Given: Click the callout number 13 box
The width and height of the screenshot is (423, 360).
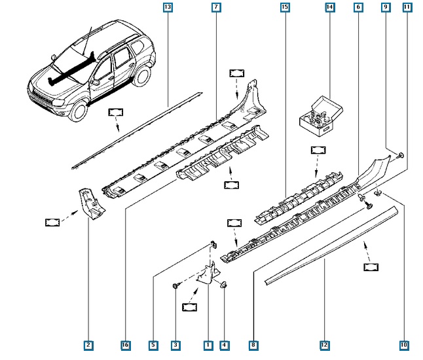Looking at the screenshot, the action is click(168, 7).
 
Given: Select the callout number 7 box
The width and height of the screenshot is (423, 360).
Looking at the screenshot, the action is click(216, 7).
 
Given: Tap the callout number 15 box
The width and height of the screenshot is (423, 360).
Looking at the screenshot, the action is click(285, 7).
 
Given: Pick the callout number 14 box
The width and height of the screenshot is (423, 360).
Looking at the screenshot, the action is click(329, 7).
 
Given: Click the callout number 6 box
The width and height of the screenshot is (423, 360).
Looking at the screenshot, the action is click(358, 7).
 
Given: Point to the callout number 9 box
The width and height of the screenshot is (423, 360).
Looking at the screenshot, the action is click(386, 7).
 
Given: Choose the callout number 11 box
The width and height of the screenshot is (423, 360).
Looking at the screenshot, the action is click(407, 7).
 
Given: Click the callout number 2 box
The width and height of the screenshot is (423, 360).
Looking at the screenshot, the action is click(88, 345).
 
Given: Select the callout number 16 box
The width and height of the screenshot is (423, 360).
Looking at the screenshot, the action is click(126, 345).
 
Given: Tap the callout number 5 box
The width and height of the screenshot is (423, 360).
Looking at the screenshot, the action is click(153, 345).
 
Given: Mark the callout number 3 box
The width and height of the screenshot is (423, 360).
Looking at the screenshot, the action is click(175, 345).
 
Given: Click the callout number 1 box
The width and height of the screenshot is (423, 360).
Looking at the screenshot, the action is click(208, 345).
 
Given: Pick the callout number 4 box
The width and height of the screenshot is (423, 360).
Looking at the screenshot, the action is click(225, 345).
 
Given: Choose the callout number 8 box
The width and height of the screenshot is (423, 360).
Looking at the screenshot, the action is click(253, 345).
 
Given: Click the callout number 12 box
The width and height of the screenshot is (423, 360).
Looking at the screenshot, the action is click(325, 345).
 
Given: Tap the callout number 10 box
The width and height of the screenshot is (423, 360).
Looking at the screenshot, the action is click(404, 345).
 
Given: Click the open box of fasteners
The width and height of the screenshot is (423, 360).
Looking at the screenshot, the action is click(321, 117).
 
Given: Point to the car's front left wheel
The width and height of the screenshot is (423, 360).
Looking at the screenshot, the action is click(79, 111).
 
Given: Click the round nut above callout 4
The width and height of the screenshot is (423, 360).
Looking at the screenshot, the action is click(224, 284).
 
